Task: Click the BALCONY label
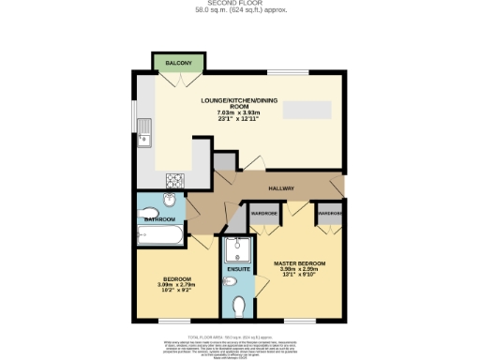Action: tap(179, 63)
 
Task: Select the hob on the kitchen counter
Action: tap(174, 179)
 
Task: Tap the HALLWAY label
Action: tap(282, 188)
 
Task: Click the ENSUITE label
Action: tap(238, 272)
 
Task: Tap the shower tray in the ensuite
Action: tap(237, 249)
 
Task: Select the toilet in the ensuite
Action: tap(240, 305)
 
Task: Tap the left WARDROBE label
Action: tap(264, 214)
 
